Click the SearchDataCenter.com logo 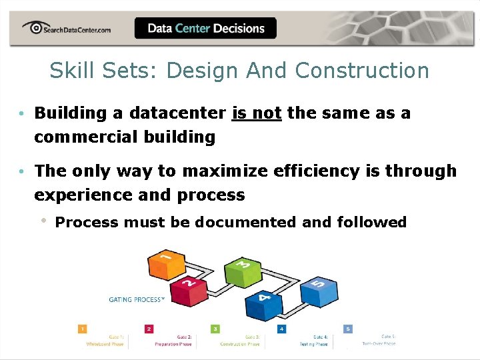66,29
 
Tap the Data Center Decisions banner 205,29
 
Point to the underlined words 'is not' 257,113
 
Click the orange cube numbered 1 167,263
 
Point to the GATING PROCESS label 136,300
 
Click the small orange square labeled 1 82,329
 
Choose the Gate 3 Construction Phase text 241,341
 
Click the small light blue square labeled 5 348,329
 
